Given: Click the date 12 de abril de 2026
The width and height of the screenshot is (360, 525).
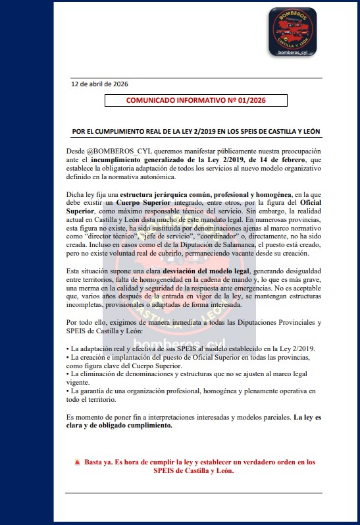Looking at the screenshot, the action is (x=99, y=84).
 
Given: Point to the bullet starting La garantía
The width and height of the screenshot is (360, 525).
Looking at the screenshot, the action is (x=191, y=391).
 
